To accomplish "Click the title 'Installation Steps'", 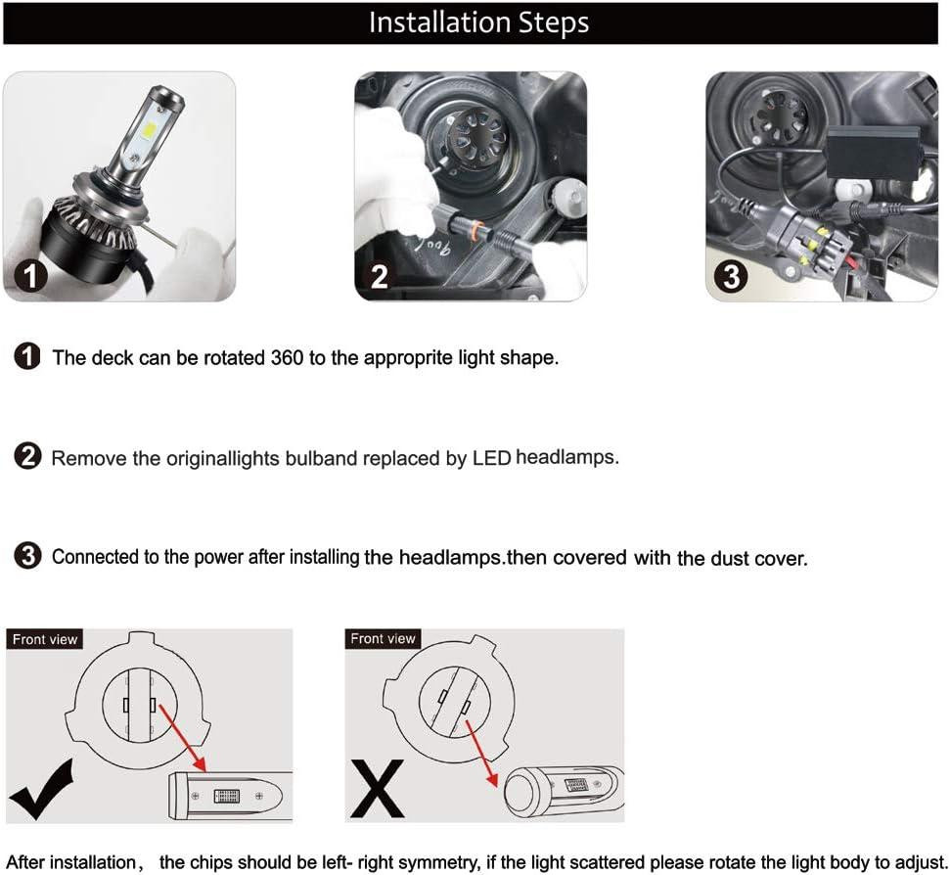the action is (478, 23).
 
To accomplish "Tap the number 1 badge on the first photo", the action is (27, 276).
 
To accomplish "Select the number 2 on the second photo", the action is (380, 277).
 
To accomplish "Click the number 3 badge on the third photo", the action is (731, 276).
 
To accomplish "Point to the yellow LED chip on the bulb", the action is (149, 129).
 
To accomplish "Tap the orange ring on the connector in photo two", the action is (479, 230).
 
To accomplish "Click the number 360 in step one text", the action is (287, 357).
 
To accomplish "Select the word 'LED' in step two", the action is (491, 458).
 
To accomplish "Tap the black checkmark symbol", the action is (41, 789).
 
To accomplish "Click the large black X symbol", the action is (377, 789).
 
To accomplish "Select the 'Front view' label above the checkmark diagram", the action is (45, 639).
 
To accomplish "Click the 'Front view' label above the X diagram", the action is (383, 639).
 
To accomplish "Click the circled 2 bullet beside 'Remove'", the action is (27, 456).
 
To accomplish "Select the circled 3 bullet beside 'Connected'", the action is (27, 556).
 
